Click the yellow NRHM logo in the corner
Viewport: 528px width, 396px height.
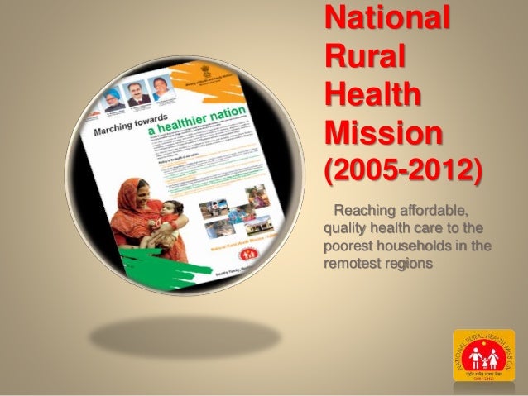coord(484,355)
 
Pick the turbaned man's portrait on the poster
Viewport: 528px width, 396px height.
coord(135,93)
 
